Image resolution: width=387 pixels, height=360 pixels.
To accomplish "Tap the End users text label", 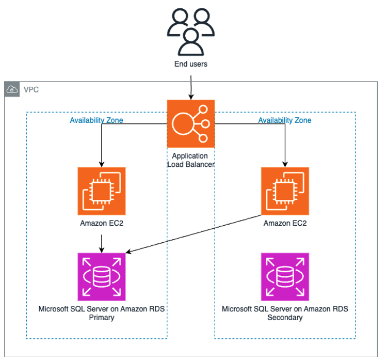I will pyautogui.click(x=191, y=65).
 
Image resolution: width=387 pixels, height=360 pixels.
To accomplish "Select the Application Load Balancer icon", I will pyautogui.click(x=190, y=124).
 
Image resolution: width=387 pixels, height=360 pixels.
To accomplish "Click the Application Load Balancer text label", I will pyautogui.click(x=190, y=160).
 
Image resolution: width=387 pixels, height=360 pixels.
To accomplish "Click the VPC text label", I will pyautogui.click(x=31, y=90).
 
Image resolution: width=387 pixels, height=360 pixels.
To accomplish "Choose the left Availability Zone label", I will pyautogui.click(x=96, y=120).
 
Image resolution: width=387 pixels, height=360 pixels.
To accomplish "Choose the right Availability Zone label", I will pyautogui.click(x=284, y=120).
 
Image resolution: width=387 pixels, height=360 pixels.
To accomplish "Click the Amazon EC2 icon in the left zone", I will pyautogui.click(x=102, y=191).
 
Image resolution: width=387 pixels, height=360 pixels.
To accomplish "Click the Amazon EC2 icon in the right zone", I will pyautogui.click(x=285, y=191).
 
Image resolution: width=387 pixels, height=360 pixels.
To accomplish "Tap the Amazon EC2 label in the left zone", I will pyautogui.click(x=102, y=224).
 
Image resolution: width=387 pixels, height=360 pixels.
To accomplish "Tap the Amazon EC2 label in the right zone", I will pyautogui.click(x=285, y=224).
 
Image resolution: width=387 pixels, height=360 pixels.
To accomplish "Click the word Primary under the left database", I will pyautogui.click(x=102, y=318).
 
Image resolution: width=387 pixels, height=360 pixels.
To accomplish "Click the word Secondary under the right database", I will pyautogui.click(x=285, y=318).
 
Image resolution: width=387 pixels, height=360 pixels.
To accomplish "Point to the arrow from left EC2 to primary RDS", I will pyautogui.click(x=102, y=242).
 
